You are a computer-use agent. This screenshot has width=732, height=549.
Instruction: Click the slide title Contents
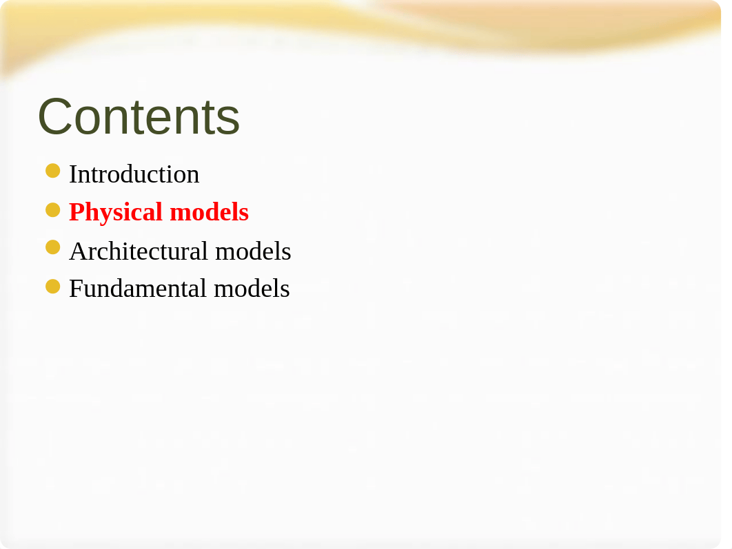(139, 116)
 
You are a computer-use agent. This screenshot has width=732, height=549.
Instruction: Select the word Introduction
(134, 174)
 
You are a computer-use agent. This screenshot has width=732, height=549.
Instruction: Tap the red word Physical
(116, 213)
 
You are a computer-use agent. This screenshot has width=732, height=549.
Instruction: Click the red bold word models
(209, 212)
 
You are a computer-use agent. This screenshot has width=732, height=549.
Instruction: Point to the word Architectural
(139, 251)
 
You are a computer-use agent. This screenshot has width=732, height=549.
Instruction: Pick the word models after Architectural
(253, 251)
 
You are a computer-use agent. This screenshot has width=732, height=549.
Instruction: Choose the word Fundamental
(138, 289)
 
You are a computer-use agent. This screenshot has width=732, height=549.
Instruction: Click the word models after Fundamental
(252, 289)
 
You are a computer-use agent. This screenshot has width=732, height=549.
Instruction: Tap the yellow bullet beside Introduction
(53, 171)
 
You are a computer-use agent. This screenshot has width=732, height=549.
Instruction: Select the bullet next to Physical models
(53, 210)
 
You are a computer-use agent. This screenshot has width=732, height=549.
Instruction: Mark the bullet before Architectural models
(53, 247)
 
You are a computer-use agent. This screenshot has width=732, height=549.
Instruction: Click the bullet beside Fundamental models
(53, 287)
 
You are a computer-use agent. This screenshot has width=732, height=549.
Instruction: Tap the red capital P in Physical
(77, 212)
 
